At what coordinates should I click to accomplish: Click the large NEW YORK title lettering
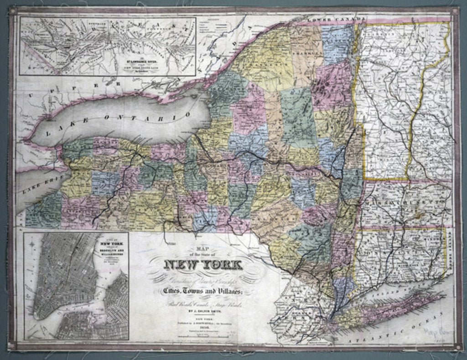203,265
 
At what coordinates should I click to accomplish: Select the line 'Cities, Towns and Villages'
203,291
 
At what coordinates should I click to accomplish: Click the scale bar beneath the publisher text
203,336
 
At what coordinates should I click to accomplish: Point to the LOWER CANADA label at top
337,19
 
